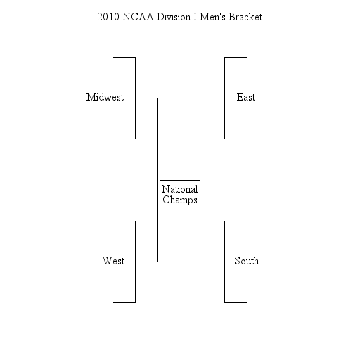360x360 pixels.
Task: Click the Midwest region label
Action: click(105, 97)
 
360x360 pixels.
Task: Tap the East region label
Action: click(246, 97)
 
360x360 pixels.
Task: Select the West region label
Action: click(113, 261)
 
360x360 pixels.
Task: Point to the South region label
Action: click(247, 261)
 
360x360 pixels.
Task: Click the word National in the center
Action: click(180, 189)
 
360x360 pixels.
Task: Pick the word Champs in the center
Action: click(180, 200)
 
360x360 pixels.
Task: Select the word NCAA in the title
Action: click(138, 17)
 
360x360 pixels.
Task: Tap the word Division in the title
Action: click(174, 17)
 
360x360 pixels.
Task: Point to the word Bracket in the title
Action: click(245, 17)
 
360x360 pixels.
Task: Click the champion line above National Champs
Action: click(180, 180)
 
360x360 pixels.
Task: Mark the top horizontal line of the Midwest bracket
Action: click(124, 57)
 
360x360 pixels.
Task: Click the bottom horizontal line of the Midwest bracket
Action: click(124, 139)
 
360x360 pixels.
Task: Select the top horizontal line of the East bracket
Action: click(236, 57)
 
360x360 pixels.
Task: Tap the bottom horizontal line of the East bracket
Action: click(236, 139)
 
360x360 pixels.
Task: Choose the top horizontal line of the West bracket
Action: click(124, 221)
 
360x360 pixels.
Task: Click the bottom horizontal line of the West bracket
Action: click(124, 302)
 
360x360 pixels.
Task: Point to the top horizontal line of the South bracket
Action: click(236, 221)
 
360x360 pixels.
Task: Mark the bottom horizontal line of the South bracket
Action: click(236, 302)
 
